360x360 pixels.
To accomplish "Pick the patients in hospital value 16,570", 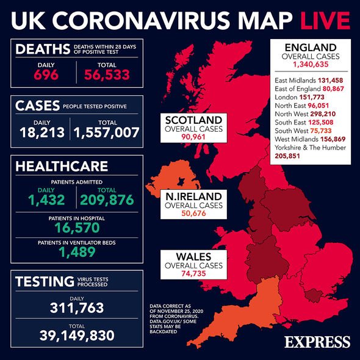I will [x=77, y=229].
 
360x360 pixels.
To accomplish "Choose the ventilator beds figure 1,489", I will [x=77, y=253].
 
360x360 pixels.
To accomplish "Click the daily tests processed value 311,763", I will [x=77, y=307].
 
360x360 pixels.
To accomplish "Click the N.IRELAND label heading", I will [x=192, y=197].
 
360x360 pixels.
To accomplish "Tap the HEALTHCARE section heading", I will [x=62, y=167].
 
